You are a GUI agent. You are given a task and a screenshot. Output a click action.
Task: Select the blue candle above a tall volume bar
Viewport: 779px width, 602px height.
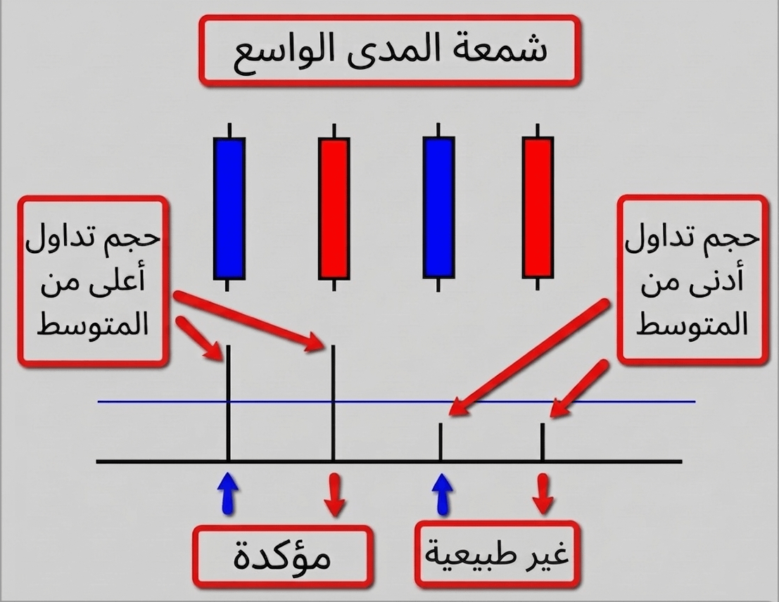pyautogui.click(x=229, y=207)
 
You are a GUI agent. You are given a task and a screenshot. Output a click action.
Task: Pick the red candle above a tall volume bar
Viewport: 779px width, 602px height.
pyautogui.click(x=334, y=207)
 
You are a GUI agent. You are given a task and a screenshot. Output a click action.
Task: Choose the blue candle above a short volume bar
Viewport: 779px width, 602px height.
pyautogui.click(x=438, y=207)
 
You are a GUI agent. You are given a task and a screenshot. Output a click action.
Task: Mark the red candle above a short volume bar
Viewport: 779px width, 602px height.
pyautogui.click(x=538, y=207)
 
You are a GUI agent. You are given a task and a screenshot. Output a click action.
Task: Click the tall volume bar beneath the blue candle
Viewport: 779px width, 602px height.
pyautogui.click(x=228, y=403)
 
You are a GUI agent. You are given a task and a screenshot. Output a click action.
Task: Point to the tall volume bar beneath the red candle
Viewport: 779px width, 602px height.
pyautogui.click(x=333, y=403)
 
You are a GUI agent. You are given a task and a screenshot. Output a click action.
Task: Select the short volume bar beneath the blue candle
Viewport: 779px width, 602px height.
pyautogui.click(x=441, y=442)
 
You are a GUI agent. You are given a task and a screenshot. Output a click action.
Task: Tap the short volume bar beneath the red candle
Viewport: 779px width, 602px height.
pyautogui.click(x=543, y=442)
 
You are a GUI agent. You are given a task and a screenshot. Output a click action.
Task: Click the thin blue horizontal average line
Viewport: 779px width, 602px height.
pyautogui.click(x=396, y=402)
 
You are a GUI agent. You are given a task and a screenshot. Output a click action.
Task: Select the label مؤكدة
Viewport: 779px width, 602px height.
pyautogui.click(x=282, y=557)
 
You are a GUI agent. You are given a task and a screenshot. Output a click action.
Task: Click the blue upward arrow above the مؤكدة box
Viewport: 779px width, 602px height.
pyautogui.click(x=228, y=493)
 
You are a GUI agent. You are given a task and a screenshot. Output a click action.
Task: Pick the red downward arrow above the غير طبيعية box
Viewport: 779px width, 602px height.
pyautogui.click(x=543, y=494)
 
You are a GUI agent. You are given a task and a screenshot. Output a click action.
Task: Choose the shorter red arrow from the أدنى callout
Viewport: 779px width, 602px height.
pyautogui.click(x=579, y=388)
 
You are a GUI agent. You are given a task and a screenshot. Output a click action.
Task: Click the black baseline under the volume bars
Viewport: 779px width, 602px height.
pyautogui.click(x=389, y=461)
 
